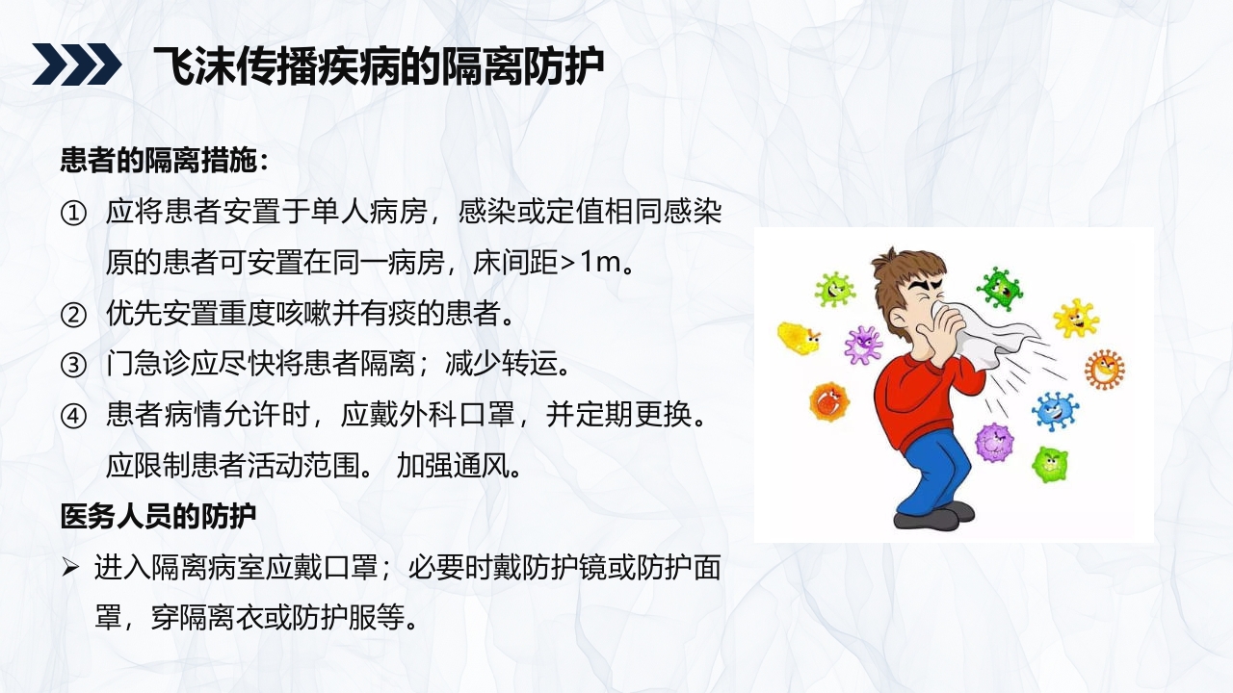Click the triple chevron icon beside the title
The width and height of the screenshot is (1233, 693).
pos(77,64)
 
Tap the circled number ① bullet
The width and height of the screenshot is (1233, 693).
pos(73,214)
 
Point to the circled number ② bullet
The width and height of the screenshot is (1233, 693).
pos(73,314)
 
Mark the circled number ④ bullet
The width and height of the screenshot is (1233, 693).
pos(73,417)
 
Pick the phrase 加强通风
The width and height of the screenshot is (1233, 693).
pos(459,467)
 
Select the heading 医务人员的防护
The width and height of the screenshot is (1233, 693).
pos(158,517)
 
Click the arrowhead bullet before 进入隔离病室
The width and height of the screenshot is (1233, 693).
pos(71,568)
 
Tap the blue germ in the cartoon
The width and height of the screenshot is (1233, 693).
pos(1055,409)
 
